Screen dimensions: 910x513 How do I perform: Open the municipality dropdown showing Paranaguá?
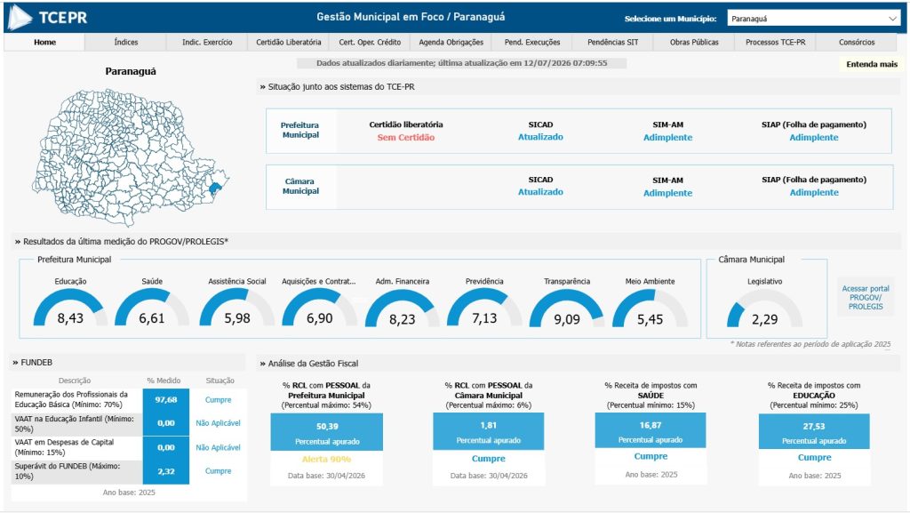point(814,19)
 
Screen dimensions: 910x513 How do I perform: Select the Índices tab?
point(126,43)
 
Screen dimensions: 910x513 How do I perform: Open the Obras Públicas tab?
point(694,43)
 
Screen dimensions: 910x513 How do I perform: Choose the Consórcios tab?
point(857,43)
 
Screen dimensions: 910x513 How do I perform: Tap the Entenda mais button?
point(872,64)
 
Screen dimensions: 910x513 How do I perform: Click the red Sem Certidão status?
point(405,138)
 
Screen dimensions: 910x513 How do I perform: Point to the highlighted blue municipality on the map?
point(215,188)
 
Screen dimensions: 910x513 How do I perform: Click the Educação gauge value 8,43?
point(70,318)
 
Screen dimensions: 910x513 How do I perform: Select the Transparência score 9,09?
point(566,319)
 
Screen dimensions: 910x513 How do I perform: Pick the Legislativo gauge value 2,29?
point(765,319)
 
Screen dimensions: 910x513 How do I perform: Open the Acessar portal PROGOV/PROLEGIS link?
point(866,297)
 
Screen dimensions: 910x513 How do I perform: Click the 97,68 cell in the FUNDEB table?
point(166,400)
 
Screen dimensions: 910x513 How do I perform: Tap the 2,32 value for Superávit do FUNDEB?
point(166,472)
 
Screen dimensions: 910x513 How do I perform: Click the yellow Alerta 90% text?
point(327,459)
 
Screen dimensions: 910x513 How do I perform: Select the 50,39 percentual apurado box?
point(327,432)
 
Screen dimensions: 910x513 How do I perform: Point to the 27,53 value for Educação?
point(814,426)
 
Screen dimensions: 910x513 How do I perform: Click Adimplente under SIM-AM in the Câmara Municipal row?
point(667,193)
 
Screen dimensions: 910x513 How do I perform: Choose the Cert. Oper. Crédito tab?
point(370,43)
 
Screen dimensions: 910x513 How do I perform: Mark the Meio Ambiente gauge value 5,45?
point(650,319)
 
